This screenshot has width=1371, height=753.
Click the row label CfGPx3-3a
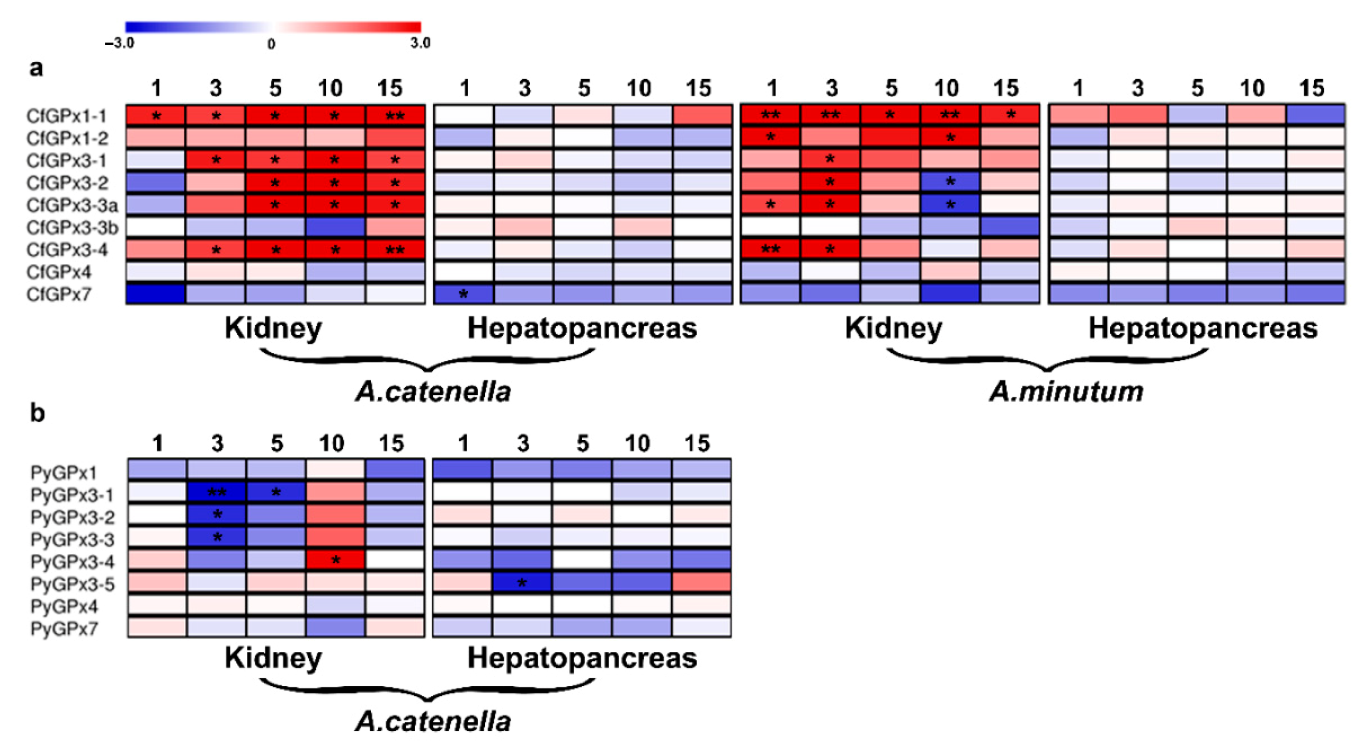(x=72, y=205)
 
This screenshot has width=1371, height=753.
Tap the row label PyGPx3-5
(x=72, y=584)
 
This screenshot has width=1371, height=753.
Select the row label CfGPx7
(x=59, y=294)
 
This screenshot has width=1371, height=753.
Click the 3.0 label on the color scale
(x=420, y=44)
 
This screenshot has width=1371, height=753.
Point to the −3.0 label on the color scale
(x=119, y=44)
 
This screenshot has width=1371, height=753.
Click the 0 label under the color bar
(x=271, y=44)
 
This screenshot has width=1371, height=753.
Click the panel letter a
(x=36, y=68)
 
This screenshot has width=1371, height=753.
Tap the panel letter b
(x=37, y=413)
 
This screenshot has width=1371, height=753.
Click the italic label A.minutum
(x=1066, y=392)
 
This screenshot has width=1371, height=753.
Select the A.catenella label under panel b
(x=433, y=721)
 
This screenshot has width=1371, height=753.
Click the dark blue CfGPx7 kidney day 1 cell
(x=155, y=294)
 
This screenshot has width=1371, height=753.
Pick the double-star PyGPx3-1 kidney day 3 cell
(x=216, y=492)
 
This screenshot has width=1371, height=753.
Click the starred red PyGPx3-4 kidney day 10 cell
(x=335, y=559)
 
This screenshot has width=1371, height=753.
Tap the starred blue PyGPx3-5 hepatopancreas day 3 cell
(x=522, y=582)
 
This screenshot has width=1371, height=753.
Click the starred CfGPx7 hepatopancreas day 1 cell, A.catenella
(x=464, y=294)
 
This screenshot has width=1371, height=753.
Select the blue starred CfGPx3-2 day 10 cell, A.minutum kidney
(x=950, y=182)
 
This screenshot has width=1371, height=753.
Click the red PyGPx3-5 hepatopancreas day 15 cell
(x=701, y=582)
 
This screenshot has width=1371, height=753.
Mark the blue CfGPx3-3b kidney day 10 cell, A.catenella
(x=334, y=227)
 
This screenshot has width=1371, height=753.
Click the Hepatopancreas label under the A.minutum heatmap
(x=1203, y=328)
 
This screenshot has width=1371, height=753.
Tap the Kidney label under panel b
(x=273, y=658)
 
